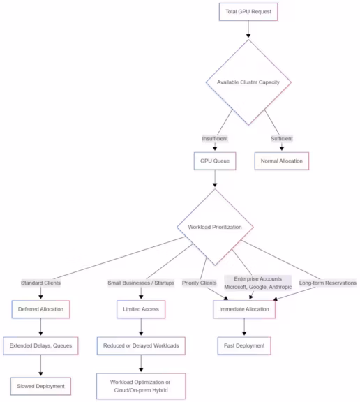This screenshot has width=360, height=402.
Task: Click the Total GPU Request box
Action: [x=248, y=12]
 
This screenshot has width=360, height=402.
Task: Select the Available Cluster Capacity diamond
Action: [x=248, y=82]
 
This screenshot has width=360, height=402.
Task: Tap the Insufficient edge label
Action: [x=215, y=138]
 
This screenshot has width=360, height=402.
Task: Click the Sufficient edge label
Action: [x=282, y=138]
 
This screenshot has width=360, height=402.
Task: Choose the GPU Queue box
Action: [x=215, y=161]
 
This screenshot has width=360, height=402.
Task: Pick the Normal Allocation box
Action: [x=282, y=161]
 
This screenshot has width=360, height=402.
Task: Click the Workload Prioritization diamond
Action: [x=215, y=227]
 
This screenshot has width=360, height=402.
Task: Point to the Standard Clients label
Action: [x=40, y=283]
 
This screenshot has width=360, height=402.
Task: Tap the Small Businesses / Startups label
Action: [x=141, y=283]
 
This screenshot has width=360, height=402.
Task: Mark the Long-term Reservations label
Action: [x=327, y=283]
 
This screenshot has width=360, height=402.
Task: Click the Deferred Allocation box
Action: [x=40, y=308]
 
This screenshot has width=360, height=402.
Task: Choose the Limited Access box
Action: [x=141, y=308]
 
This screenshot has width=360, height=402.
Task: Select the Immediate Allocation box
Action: [x=244, y=308]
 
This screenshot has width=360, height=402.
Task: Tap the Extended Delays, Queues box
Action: [x=40, y=345]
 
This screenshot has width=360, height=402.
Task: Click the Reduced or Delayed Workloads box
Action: [x=141, y=345]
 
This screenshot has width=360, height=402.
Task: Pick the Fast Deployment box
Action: [x=244, y=345]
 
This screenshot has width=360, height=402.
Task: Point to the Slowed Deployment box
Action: [x=40, y=385]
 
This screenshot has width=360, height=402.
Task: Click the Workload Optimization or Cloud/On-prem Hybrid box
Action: [x=141, y=386]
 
